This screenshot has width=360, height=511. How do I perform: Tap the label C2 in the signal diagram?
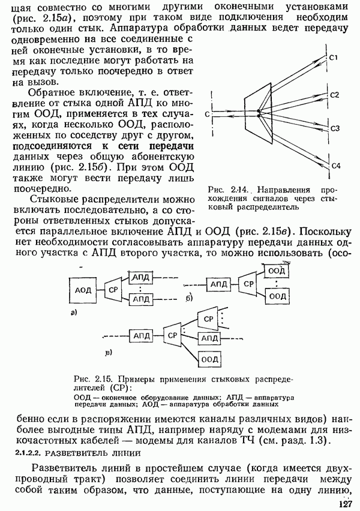pyautogui.click(x=335, y=95)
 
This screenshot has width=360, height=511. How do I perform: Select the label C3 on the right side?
pyautogui.click(x=335, y=128)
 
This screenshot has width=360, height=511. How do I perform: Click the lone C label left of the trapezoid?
pyautogui.click(x=206, y=113)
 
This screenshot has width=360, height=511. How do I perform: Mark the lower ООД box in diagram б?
pyautogui.click(x=277, y=295)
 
